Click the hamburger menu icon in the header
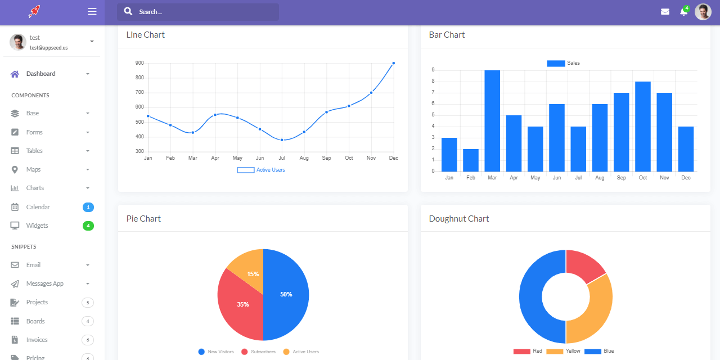[x=92, y=12]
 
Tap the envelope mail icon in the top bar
[x=665, y=12]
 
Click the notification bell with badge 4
[x=684, y=12]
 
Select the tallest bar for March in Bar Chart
[x=492, y=121]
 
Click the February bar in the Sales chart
[x=471, y=160]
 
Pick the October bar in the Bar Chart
[x=643, y=127]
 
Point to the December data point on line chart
[x=393, y=63]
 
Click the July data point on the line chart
[x=282, y=139]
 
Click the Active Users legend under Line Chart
[x=262, y=170]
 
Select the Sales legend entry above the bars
[x=564, y=63]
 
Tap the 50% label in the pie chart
[x=286, y=294]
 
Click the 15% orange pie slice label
[x=253, y=274]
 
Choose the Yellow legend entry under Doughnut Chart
[x=564, y=351]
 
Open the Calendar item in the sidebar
[x=38, y=207]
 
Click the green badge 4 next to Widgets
[x=88, y=226]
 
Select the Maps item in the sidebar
[x=33, y=169]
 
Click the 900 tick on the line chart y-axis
[x=139, y=63]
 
